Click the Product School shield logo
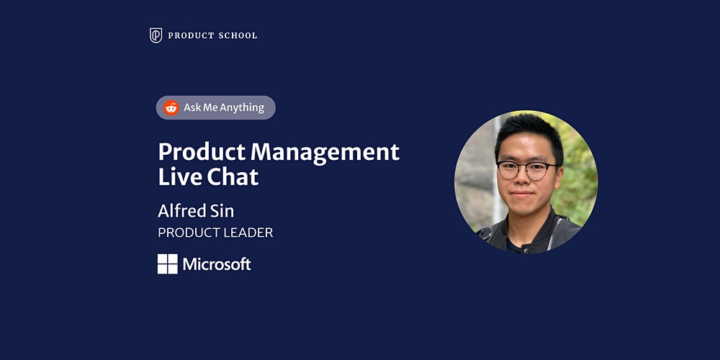pyautogui.click(x=156, y=35)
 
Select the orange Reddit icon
pyautogui.click(x=171, y=107)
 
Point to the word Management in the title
pyautogui.click(x=325, y=153)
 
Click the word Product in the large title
pyautogui.click(x=202, y=151)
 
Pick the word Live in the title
pyautogui.click(x=179, y=177)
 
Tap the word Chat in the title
pyautogui.click(x=233, y=177)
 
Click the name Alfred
pyautogui.click(x=182, y=211)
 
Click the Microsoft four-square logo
pyautogui.click(x=168, y=264)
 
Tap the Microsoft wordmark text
pyautogui.click(x=217, y=264)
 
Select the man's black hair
pyautogui.click(x=528, y=133)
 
